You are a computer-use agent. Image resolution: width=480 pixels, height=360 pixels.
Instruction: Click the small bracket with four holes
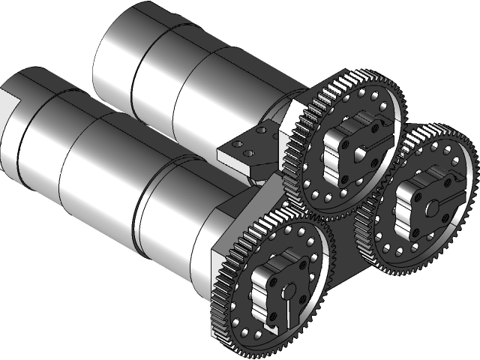click(x=247, y=145)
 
